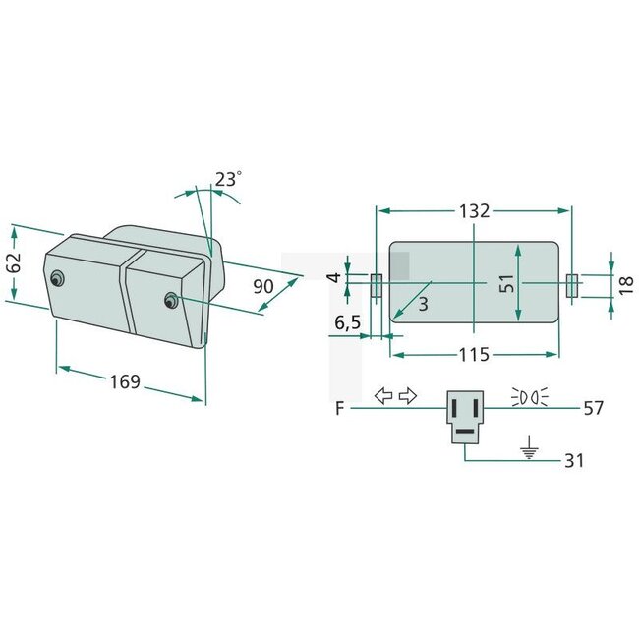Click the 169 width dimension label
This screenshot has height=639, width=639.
coord(124,381)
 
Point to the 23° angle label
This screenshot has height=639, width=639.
coord(227,179)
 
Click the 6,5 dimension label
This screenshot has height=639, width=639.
coord(348,321)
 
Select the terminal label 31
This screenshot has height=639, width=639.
coord(574,460)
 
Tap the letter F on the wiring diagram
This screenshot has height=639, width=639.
coord(338,406)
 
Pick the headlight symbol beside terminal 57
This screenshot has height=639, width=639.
coord(530,397)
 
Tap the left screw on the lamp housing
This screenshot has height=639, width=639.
coord(60,277)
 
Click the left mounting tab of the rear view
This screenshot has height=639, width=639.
coord(376,287)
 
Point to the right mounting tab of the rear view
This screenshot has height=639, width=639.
coord(572,287)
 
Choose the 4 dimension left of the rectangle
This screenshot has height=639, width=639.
coord(334,278)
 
